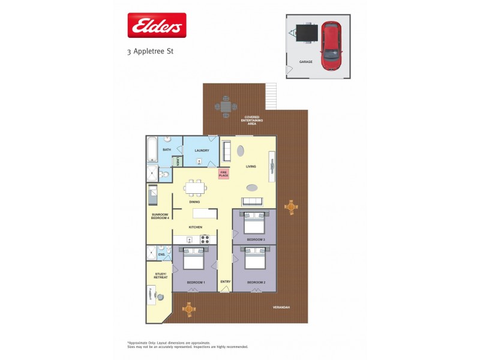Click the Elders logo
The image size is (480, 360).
coord(157,25)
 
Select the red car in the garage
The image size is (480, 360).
coord(330,46)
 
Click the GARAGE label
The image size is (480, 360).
coord(305,62)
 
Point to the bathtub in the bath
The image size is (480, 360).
coord(152,150)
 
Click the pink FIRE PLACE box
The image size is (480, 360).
coord(223,174)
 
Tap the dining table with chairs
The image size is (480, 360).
coord(194,188)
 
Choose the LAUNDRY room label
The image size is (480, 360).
coord(201,150)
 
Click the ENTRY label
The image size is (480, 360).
coord(225,281)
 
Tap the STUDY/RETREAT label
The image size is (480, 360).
coord(160,276)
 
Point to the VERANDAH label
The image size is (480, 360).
coord(281,307)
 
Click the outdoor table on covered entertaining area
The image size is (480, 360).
coord(226,107)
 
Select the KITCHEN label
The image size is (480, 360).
coord(196,227)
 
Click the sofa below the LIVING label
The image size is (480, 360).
coord(252,202)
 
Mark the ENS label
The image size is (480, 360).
coord(161,255)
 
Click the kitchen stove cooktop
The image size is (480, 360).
coord(205,238)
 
